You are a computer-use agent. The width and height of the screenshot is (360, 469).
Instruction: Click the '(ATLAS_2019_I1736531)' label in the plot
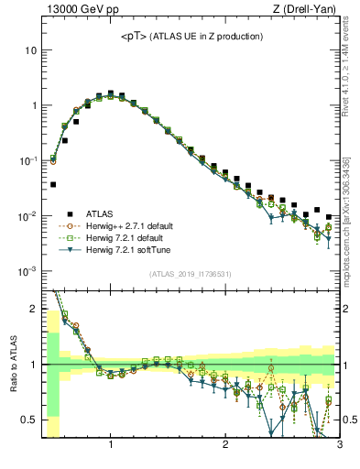[x=190, y=273]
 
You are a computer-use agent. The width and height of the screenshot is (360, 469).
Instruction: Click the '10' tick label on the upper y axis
[x=30, y=49]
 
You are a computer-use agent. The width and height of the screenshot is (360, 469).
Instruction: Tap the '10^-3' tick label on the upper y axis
[x=27, y=271]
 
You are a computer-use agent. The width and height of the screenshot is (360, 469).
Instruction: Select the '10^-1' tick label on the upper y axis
[x=27, y=160]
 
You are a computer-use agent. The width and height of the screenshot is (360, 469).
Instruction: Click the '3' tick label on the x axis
[x=339, y=445]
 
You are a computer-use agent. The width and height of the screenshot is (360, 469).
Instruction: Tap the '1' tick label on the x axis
[x=111, y=445]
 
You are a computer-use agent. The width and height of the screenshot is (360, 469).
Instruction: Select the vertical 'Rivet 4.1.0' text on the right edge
[x=348, y=69]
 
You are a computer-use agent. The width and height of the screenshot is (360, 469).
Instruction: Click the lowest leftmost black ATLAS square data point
[x=53, y=184]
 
